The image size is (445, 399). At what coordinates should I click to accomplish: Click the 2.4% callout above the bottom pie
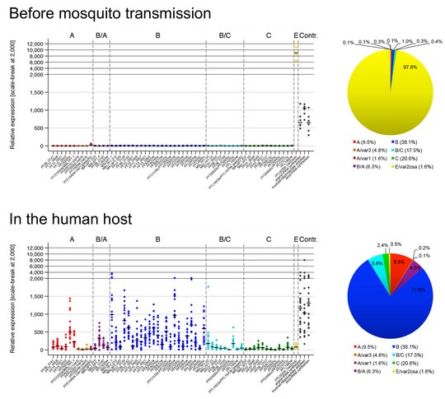tap(359, 244)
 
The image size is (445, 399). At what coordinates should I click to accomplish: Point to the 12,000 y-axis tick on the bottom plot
tap(30, 248)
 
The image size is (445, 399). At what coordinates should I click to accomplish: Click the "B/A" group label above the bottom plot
tap(101, 239)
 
